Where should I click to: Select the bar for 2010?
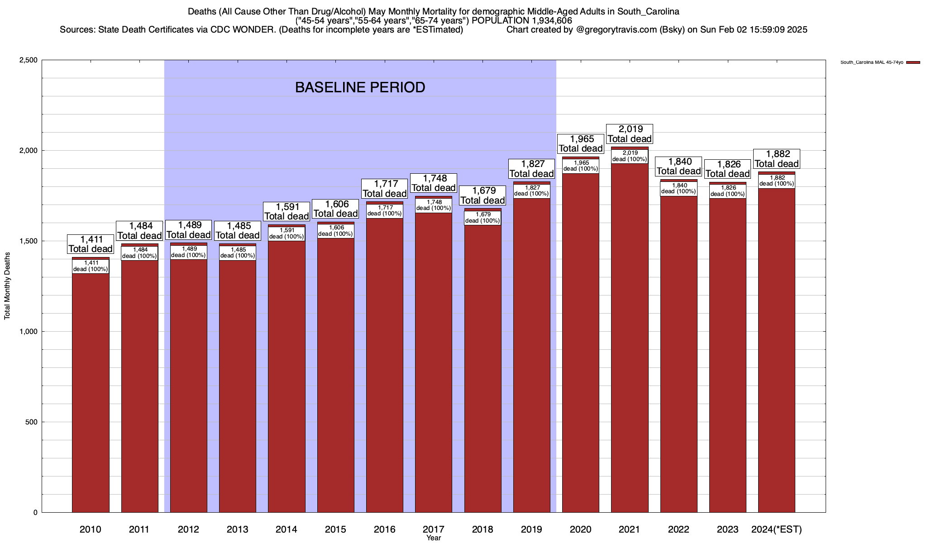tap(91, 394)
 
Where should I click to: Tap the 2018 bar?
tap(483, 371)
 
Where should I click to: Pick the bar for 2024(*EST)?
tap(777, 353)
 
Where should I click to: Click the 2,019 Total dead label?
tap(630, 134)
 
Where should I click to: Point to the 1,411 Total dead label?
tap(91, 244)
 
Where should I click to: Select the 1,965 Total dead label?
tap(581, 144)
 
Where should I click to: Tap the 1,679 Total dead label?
tap(483, 195)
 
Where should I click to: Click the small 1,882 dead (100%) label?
tap(777, 181)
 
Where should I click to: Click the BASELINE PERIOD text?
tap(360, 87)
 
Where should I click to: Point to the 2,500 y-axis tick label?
tap(28, 60)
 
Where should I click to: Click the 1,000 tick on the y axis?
tap(28, 332)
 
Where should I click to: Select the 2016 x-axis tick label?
tap(384, 529)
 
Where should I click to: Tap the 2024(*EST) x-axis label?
tap(777, 529)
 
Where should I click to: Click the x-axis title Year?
tap(433, 538)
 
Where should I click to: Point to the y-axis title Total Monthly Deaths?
tap(7, 286)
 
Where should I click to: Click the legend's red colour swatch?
tap(913, 62)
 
